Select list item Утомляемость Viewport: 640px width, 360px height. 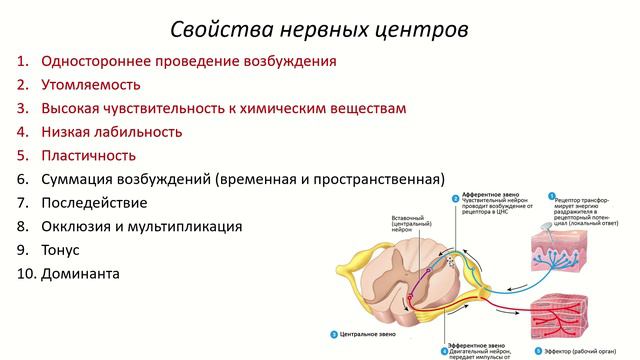(90, 85)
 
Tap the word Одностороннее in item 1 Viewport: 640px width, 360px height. (97, 61)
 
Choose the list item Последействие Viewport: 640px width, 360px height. (94, 203)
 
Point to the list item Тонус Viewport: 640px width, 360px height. (60, 250)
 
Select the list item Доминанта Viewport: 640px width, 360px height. (79, 273)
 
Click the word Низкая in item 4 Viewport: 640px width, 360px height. (67, 132)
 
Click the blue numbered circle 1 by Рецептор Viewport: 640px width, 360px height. (550, 197)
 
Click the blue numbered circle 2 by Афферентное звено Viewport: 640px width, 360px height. (455, 198)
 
